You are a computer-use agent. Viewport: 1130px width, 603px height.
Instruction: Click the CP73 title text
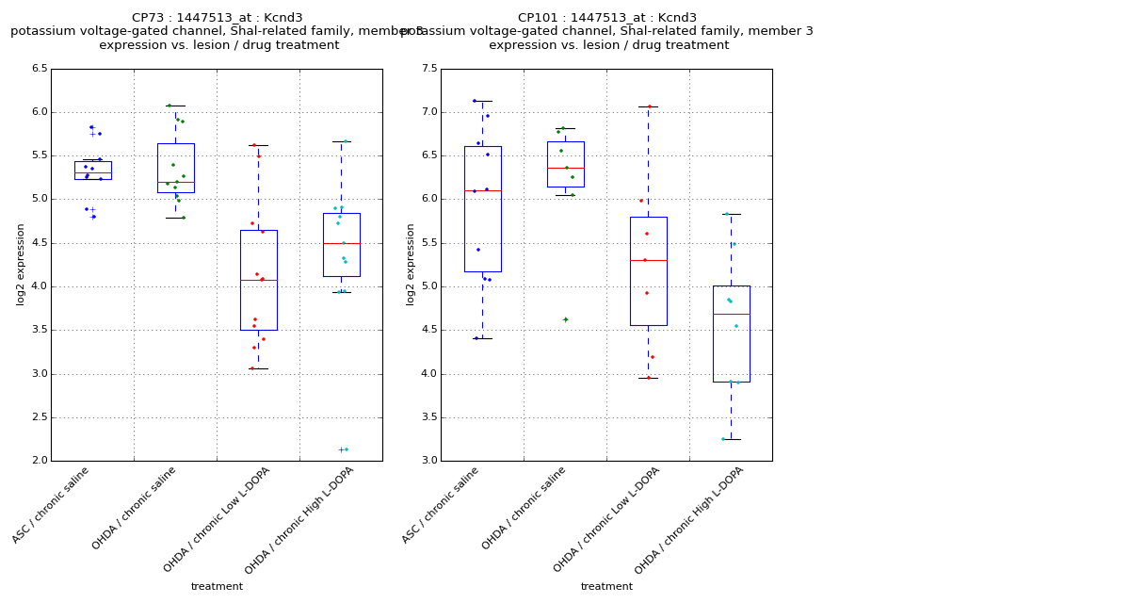[x=217, y=18]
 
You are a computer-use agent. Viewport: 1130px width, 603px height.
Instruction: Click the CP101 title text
[x=607, y=18]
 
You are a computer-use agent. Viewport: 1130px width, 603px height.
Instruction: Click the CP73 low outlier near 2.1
[x=342, y=449]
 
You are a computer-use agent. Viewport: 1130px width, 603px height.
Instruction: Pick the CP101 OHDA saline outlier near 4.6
[x=565, y=319]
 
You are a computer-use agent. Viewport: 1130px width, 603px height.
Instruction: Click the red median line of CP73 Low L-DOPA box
[x=258, y=280]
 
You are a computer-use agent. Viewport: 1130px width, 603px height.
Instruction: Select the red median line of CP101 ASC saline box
[x=482, y=190]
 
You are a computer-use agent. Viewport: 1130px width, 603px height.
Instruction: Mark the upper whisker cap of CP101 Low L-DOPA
[x=648, y=106]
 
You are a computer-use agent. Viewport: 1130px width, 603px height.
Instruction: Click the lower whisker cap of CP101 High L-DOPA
[x=731, y=439]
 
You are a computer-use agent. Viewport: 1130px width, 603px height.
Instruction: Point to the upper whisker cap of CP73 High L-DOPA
[x=341, y=141]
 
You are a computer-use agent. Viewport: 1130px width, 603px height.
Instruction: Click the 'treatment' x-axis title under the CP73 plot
[x=217, y=587]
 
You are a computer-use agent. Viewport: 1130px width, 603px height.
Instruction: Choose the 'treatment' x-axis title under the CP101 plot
[x=606, y=587]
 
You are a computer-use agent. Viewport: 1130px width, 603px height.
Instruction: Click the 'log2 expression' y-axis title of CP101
[x=411, y=264]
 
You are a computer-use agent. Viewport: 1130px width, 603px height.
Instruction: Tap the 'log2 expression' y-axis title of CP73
[x=21, y=264]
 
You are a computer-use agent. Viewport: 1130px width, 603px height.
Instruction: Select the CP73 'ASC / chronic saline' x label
[x=52, y=504]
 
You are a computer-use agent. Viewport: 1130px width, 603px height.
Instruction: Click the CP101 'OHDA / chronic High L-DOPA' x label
[x=690, y=519]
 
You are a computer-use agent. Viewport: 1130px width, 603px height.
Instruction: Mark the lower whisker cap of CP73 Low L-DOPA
[x=258, y=368]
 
